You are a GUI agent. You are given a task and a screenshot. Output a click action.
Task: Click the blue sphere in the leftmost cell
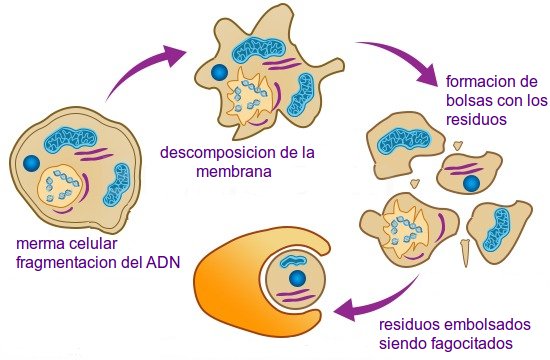(33, 161)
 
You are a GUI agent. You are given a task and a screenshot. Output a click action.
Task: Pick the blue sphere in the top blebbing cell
(218, 71)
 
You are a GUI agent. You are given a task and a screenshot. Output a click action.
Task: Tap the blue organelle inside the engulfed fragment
(297, 277)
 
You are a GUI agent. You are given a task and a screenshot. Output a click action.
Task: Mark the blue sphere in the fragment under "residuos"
(470, 183)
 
